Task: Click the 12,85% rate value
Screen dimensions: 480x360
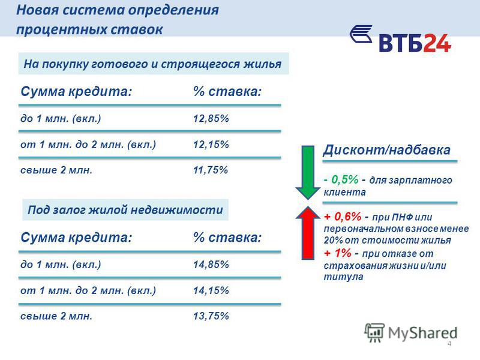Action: [x=211, y=118]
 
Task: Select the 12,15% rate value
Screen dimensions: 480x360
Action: [x=211, y=145]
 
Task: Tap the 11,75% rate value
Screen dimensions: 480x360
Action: [x=211, y=170]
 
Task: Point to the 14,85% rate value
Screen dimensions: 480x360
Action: [x=211, y=265]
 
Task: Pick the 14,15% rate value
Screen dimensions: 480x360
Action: [x=211, y=290]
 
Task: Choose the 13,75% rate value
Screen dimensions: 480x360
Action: [x=211, y=316]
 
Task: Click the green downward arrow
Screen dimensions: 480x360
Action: [x=308, y=173]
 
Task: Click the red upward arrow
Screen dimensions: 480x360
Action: [x=308, y=233]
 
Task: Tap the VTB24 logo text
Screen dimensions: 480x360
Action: [x=415, y=43]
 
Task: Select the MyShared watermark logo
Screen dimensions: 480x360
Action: [x=411, y=332]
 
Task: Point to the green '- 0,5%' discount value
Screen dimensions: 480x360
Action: [x=341, y=179]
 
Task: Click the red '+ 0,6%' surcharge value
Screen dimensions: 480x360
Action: [x=343, y=217]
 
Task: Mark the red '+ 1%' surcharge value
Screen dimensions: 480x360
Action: [x=338, y=253]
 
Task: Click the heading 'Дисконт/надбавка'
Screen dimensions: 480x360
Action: [x=387, y=150]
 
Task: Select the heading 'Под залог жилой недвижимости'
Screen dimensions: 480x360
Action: [x=125, y=210]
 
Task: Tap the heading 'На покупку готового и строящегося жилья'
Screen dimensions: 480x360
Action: [x=152, y=64]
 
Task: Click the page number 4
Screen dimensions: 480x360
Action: [x=449, y=343]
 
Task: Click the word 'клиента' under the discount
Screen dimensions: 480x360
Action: [x=344, y=192]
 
